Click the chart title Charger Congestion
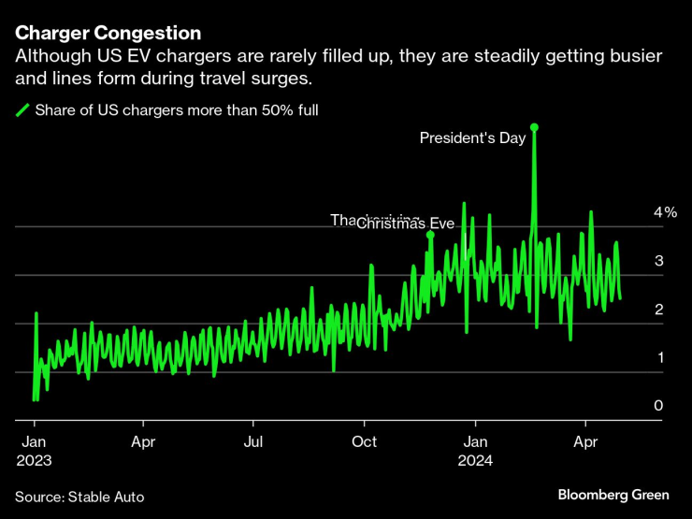click(108, 34)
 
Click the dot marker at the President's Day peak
click(534, 126)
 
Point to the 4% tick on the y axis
click(665, 213)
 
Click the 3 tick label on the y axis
click(658, 261)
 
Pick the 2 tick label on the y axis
click(658, 310)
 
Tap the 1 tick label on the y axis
click(658, 358)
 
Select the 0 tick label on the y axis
click(658, 406)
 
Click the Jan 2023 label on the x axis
click(33, 450)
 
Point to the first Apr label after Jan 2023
click(143, 441)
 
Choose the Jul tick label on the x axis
click(253, 441)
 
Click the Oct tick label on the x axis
click(365, 441)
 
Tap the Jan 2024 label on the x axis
click(476, 450)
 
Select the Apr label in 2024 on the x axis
click(585, 441)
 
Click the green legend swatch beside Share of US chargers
click(22, 110)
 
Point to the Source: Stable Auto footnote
click(79, 496)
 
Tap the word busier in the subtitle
click(633, 57)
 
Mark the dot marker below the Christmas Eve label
click(430, 235)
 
